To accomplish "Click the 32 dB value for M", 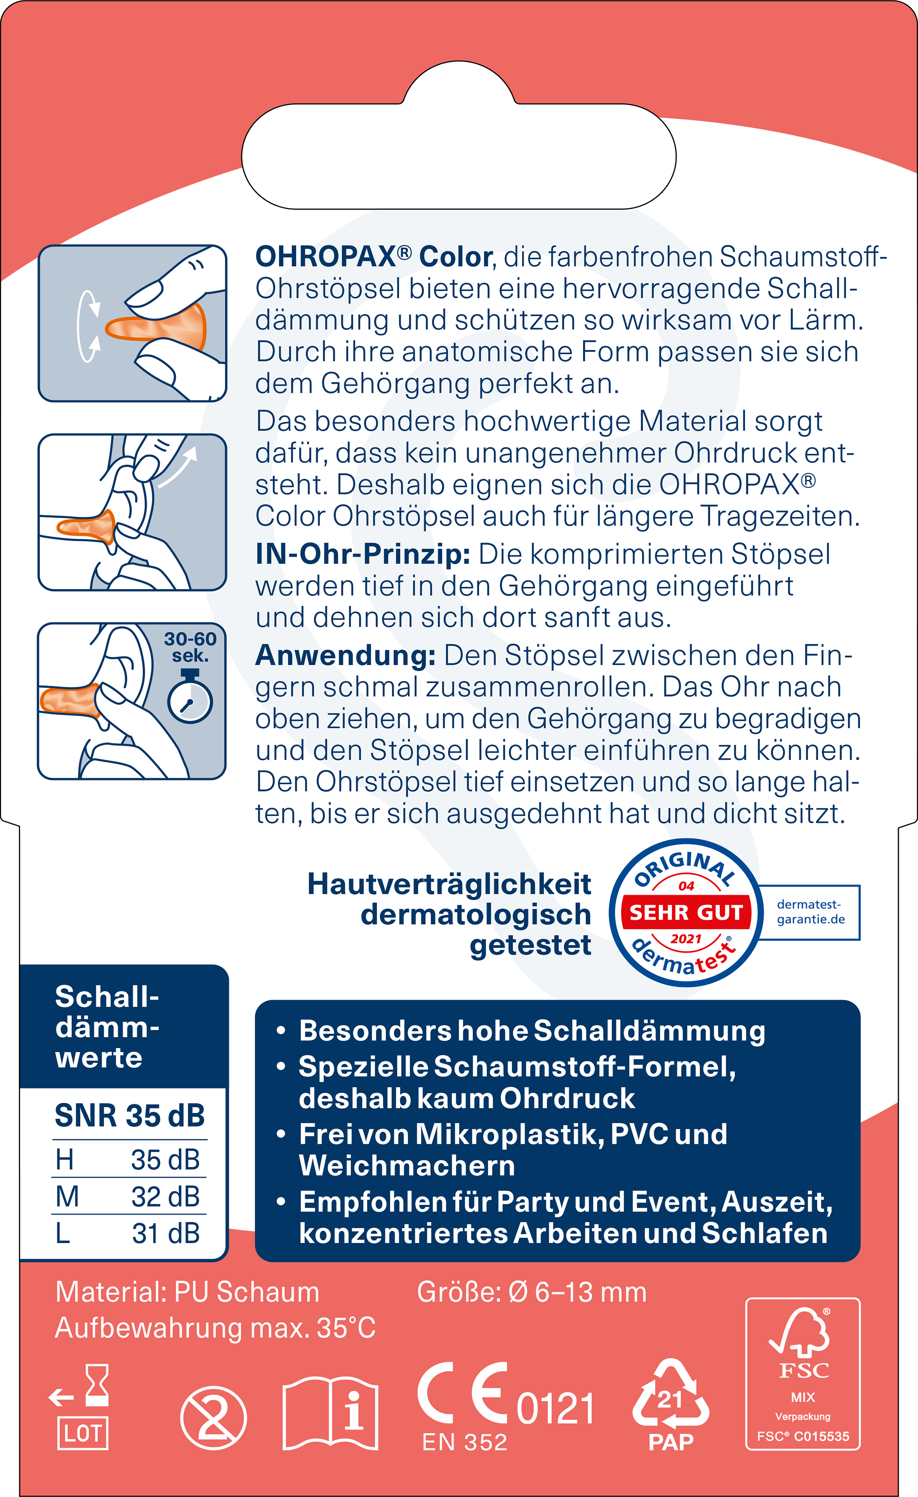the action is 165,1196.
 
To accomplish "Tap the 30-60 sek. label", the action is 190,647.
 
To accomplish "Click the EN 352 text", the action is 465,1442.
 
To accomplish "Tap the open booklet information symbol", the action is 331,1414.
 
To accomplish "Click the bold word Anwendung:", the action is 345,655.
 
